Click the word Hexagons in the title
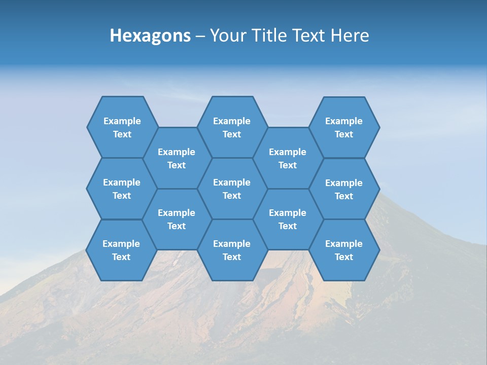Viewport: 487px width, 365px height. (x=150, y=35)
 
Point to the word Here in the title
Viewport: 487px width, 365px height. (x=350, y=35)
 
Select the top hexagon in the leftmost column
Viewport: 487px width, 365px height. (x=122, y=127)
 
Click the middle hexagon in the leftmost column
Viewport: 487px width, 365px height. (x=122, y=189)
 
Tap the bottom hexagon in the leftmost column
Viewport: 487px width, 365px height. (x=121, y=250)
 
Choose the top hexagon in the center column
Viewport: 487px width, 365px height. (x=232, y=127)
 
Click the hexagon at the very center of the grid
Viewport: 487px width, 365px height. (x=232, y=189)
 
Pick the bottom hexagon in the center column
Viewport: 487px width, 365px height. (x=232, y=250)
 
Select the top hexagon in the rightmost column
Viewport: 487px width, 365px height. (x=344, y=127)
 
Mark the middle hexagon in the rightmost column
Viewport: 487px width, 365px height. (x=344, y=189)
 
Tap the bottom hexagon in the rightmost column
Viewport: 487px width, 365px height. (x=344, y=250)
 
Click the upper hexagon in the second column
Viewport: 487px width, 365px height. (x=177, y=158)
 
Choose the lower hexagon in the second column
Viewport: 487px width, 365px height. (x=177, y=219)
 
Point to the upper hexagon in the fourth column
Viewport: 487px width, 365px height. (x=288, y=158)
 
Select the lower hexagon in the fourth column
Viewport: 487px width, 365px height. (x=288, y=219)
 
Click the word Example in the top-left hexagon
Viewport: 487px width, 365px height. (x=122, y=121)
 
